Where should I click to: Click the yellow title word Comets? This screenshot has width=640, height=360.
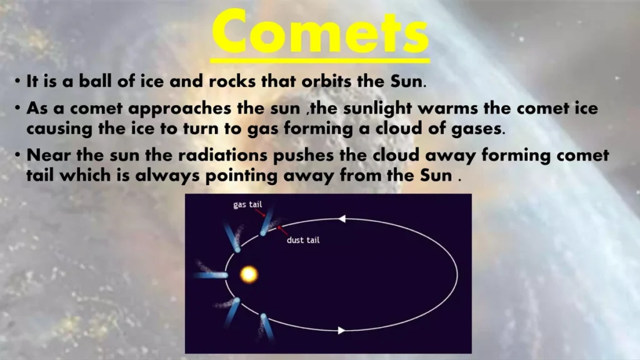click(320, 31)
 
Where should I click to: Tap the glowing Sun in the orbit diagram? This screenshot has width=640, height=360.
click(249, 274)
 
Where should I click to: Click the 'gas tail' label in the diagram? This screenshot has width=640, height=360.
click(247, 205)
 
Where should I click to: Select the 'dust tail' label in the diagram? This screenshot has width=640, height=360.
click(303, 240)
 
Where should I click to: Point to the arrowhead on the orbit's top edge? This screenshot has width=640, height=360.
click(341, 219)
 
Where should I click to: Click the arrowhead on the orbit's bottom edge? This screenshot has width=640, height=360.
click(341, 330)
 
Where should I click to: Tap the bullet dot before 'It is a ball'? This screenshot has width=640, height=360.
click(18, 82)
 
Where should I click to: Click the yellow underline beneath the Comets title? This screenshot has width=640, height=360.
click(320, 61)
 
